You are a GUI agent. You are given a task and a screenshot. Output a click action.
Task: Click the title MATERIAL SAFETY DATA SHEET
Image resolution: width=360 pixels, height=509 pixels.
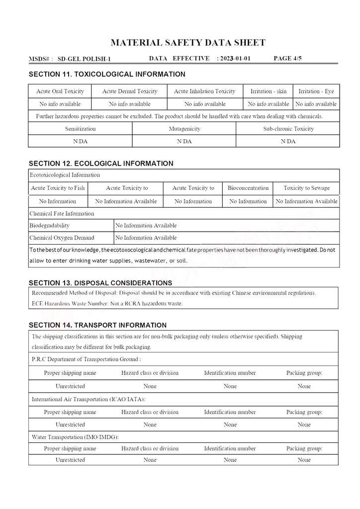pyautogui.click(x=187, y=43)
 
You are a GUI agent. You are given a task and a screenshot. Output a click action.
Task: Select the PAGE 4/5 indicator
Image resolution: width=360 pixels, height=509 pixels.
pyautogui.click(x=287, y=59)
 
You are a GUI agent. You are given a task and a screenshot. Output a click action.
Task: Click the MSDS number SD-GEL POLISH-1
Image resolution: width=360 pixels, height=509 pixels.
pyautogui.click(x=84, y=59)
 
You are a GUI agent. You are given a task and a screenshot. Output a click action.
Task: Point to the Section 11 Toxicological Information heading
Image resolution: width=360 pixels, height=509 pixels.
pyautogui.click(x=107, y=75)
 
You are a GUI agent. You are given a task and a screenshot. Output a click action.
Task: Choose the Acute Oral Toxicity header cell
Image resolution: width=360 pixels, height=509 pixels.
pyautogui.click(x=60, y=91)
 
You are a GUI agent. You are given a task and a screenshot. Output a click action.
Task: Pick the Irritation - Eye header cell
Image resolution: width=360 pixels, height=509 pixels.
pyautogui.click(x=316, y=91)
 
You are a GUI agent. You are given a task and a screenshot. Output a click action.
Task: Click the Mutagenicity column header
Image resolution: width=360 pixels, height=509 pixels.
pyautogui.click(x=184, y=129)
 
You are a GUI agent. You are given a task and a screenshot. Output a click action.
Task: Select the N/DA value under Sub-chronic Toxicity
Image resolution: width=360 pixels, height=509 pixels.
pyautogui.click(x=288, y=141)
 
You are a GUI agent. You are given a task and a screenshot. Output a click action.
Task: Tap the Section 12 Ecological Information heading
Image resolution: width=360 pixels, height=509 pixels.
pyautogui.click(x=101, y=164)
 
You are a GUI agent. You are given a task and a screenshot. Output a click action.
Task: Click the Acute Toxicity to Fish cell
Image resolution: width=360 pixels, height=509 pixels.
pyautogui.click(x=58, y=188)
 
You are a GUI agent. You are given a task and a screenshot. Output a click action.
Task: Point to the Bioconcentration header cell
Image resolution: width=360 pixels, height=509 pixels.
pyautogui.click(x=248, y=188)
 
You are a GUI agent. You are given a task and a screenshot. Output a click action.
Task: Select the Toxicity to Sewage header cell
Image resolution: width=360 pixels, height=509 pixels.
pyautogui.click(x=306, y=188)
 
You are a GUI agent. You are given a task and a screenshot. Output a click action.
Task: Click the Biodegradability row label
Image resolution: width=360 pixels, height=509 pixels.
pyautogui.click(x=50, y=226)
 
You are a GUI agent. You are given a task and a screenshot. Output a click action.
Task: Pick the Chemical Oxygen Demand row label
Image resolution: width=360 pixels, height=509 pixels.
pyautogui.click(x=62, y=238)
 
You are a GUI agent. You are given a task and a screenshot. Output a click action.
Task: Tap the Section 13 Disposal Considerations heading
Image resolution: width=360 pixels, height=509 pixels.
pyautogui.click(x=100, y=283)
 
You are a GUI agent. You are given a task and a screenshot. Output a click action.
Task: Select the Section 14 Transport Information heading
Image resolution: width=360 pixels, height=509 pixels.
pyautogui.click(x=97, y=326)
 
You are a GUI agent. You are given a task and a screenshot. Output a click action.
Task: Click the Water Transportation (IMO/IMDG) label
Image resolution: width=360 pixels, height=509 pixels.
pyautogui.click(x=75, y=437)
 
